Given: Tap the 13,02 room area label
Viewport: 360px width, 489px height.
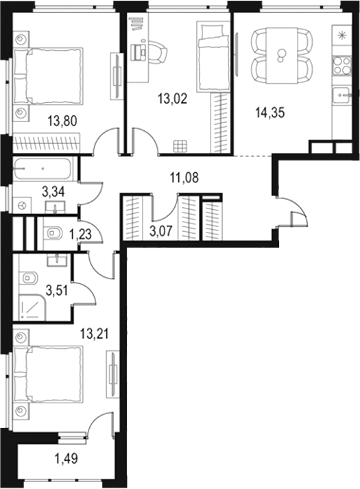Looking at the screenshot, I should pos(172,98).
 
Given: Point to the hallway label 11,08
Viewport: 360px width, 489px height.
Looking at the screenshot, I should pos(183,179).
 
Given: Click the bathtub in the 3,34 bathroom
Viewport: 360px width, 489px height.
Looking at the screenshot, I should pos(43,167).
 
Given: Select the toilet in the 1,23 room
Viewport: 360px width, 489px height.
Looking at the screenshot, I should pos(54,235).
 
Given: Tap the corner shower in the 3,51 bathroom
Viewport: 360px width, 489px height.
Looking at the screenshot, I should pos(32,309).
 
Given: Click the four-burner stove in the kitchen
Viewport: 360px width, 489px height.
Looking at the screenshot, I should pos(341,65).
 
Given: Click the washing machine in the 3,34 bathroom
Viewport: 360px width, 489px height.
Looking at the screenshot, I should pos(23,204).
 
